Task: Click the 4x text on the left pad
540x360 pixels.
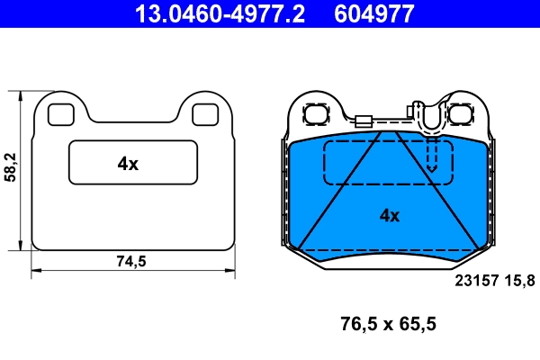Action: [128, 163]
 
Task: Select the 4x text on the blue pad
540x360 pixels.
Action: [389, 215]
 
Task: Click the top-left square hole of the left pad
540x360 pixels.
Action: [60, 114]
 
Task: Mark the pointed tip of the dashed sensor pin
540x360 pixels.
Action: [431, 170]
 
